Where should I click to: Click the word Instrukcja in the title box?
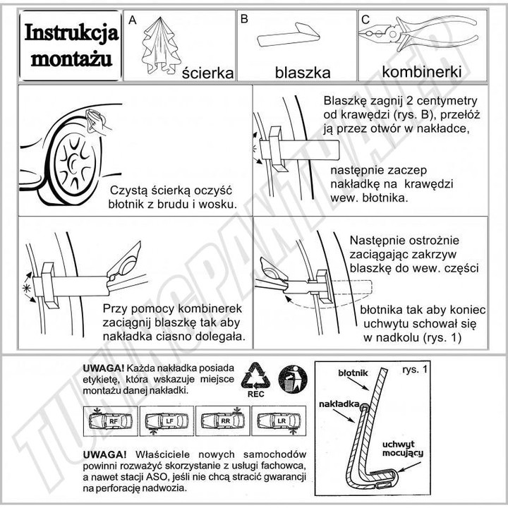71,32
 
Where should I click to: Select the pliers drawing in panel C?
418,33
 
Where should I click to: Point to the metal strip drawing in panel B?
289,35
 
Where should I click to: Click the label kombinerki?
422,71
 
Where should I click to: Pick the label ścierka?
207,73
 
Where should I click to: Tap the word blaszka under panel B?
303,73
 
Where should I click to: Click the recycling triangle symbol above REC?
255,376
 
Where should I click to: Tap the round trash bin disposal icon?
293,379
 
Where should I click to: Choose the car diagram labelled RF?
111,421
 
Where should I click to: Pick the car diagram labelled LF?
167,421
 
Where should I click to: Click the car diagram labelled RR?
222,421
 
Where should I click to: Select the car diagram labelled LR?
279,421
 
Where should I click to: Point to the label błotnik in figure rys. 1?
353,373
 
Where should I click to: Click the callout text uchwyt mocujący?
403,449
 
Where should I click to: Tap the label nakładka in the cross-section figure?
339,404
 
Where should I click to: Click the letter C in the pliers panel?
365,20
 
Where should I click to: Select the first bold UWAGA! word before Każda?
104,368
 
